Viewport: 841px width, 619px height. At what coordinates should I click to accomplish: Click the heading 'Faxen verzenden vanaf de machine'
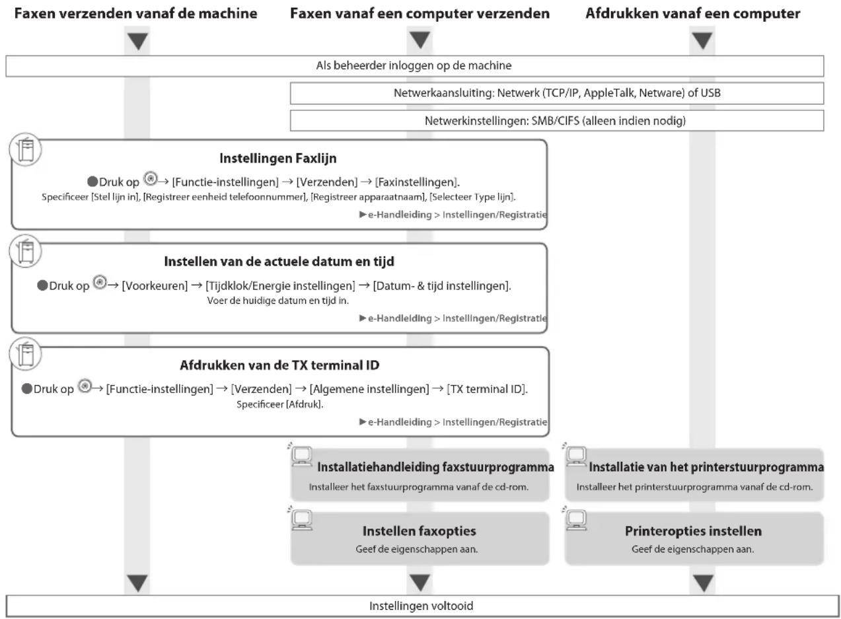[x=135, y=13]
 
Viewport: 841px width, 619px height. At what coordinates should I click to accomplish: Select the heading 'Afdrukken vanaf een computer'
[x=693, y=13]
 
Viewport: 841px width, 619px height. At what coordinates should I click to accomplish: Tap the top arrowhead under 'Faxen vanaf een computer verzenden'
[x=420, y=40]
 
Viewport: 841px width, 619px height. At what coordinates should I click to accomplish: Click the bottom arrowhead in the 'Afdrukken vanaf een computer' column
[x=703, y=583]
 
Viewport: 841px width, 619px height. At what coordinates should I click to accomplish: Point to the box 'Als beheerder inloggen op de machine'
[x=415, y=66]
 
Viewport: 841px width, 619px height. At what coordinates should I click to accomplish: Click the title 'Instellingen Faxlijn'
[x=278, y=159]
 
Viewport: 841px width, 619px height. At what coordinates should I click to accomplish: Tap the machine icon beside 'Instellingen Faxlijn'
[x=25, y=150]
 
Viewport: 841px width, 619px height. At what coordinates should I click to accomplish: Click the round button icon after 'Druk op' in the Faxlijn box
[x=151, y=178]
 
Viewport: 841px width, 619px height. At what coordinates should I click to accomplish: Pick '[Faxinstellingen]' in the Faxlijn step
[x=416, y=182]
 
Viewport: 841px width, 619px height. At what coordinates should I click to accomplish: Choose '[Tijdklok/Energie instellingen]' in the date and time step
[x=280, y=286]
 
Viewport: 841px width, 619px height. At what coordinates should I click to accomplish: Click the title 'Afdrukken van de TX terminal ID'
[x=279, y=365]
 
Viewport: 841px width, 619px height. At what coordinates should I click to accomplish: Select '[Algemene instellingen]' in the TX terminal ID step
[x=369, y=389]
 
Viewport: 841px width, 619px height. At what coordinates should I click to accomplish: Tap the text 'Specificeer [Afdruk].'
[x=279, y=405]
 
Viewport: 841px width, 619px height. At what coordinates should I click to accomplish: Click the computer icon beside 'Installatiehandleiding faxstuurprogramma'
[x=301, y=456]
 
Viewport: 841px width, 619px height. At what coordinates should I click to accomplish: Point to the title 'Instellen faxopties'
[x=419, y=531]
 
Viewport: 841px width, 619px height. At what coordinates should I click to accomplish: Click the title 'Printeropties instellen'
[x=693, y=531]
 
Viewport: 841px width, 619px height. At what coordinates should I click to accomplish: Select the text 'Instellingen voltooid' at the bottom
[x=421, y=606]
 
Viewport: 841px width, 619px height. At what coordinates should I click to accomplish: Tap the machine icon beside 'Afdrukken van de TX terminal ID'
[x=25, y=354]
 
